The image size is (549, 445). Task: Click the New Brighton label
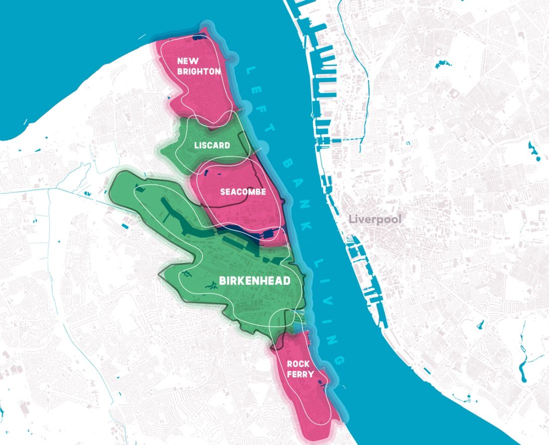point(198,66)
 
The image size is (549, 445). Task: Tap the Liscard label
point(212,146)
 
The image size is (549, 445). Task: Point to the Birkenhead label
point(255,281)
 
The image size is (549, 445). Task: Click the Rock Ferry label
point(300,369)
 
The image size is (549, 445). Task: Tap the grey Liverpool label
point(374,219)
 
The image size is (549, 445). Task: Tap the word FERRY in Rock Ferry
point(300,374)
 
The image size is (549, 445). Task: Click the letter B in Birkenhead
point(223,281)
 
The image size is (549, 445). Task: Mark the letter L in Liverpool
point(351,219)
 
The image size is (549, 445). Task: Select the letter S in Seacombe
point(223,192)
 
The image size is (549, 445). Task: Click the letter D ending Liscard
point(227,146)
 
